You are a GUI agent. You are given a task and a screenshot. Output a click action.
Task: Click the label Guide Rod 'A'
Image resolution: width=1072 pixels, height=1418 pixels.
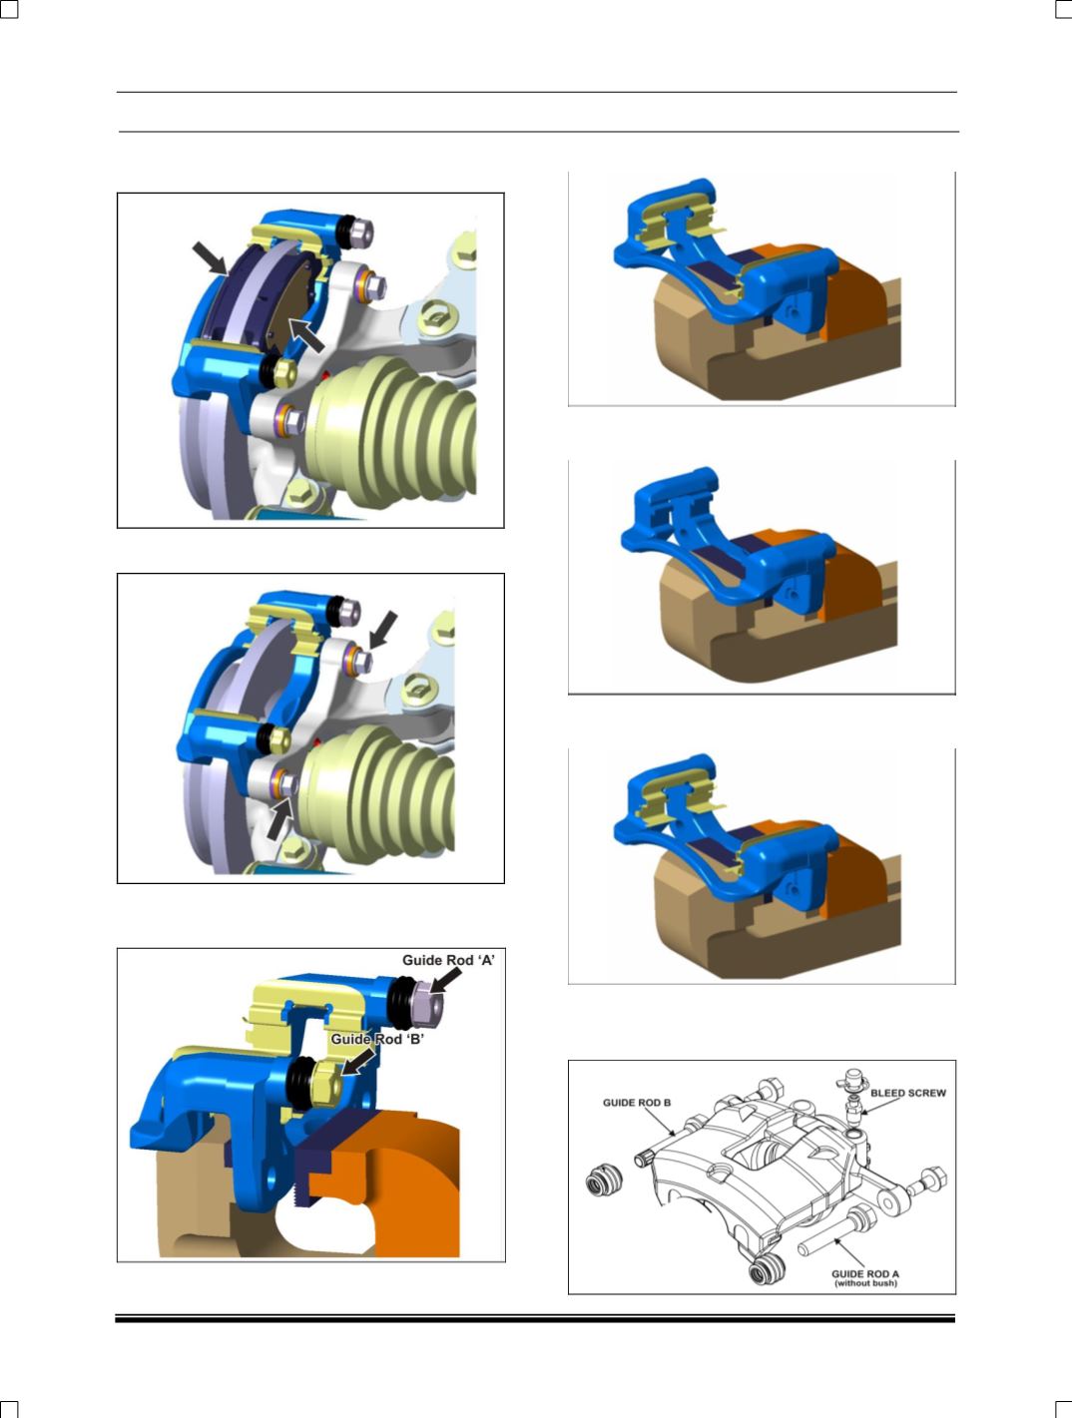pos(448,960)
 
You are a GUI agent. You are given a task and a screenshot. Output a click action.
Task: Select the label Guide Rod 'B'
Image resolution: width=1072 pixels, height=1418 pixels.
pos(377,1039)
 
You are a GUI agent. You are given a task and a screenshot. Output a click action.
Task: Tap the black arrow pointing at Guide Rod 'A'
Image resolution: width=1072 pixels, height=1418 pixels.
pos(446,981)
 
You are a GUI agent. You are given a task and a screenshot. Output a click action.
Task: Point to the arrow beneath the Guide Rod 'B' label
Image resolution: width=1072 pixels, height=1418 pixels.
pos(357,1062)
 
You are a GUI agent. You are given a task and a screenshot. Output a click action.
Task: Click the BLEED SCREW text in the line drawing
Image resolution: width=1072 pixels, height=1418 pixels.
pos(908,1093)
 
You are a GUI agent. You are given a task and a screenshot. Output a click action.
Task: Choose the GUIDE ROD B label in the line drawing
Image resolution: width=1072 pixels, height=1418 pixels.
pos(637,1103)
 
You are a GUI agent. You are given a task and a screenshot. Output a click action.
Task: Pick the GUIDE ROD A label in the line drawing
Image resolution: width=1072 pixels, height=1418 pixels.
pos(865,1274)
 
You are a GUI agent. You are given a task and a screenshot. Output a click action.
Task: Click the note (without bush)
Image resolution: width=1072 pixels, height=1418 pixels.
pos(865,1283)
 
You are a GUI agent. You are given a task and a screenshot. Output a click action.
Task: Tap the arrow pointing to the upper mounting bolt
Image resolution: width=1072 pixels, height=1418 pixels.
pos(382,630)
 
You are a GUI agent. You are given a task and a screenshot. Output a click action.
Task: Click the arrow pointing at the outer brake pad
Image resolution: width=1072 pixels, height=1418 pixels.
pos(210,257)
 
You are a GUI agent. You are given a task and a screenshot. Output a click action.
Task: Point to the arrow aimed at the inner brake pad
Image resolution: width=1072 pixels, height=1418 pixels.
pos(306,335)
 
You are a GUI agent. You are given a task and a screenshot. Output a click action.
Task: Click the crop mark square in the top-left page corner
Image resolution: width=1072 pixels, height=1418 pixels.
pos(9,8)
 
